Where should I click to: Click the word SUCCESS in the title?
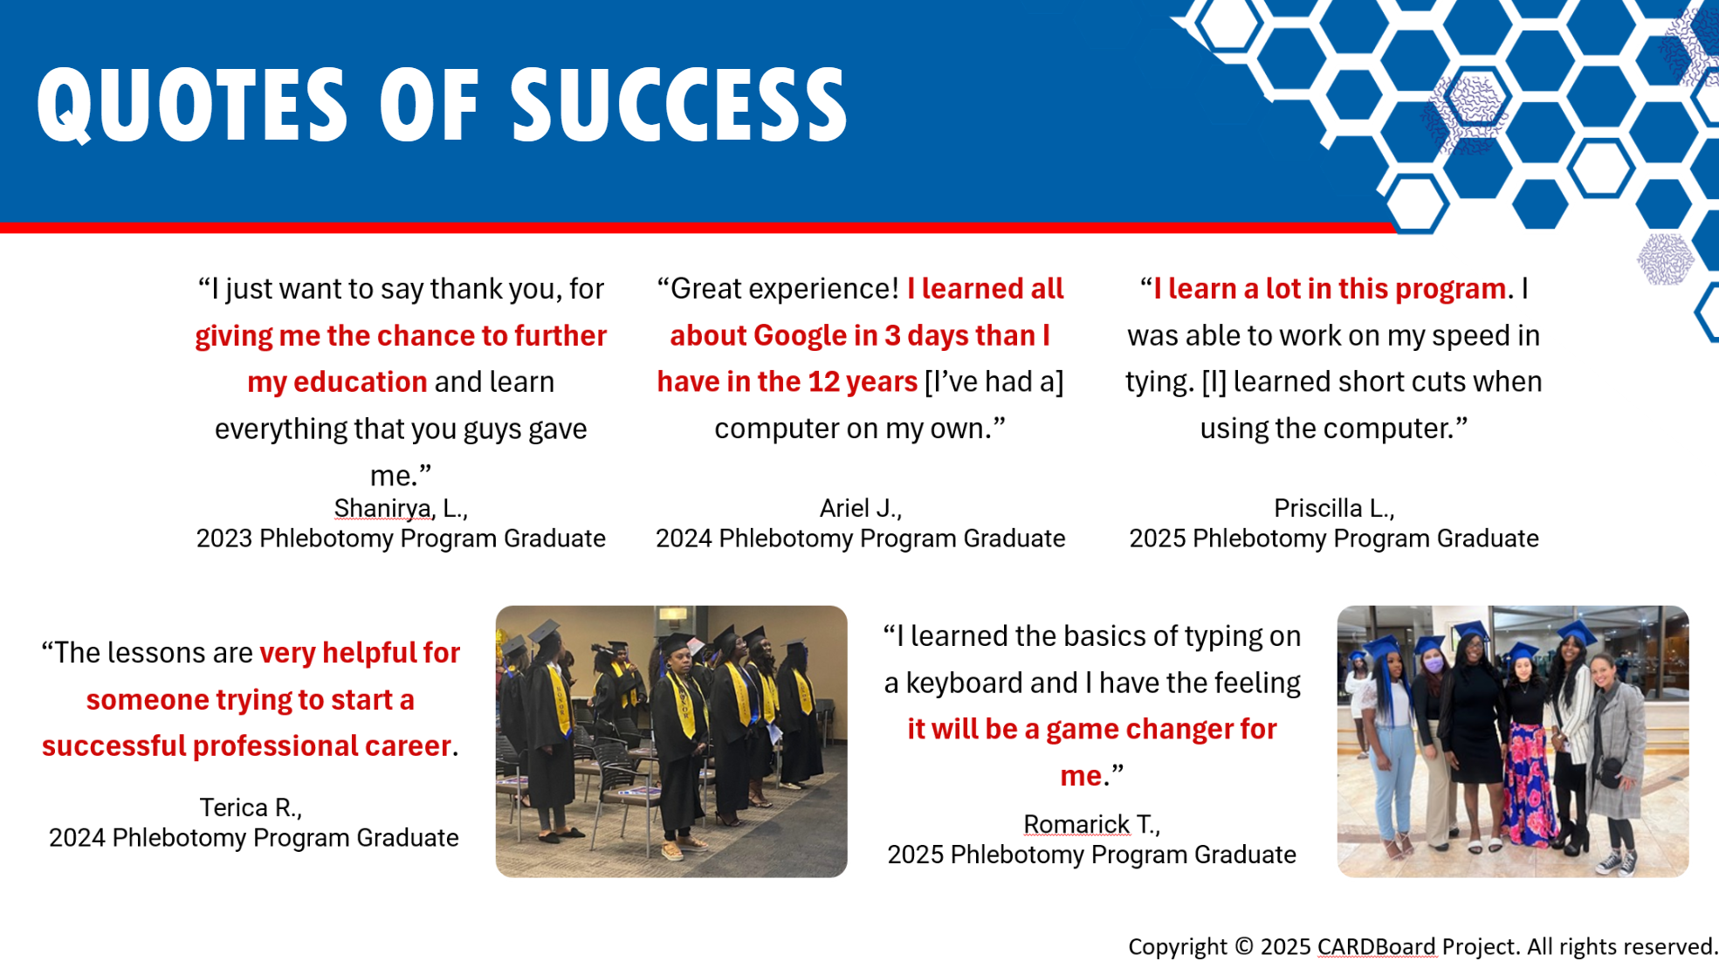[x=678, y=105]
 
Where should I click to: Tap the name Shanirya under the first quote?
[x=382, y=509]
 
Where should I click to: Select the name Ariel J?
[x=860, y=508]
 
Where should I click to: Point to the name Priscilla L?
[x=1334, y=508]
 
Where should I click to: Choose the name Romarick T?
[x=1091, y=824]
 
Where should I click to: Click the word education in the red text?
[x=360, y=382]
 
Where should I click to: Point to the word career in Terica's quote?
[x=408, y=746]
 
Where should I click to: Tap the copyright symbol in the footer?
[x=1244, y=946]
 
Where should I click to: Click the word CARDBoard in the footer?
[x=1376, y=946]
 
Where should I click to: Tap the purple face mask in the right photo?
[x=1434, y=665]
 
